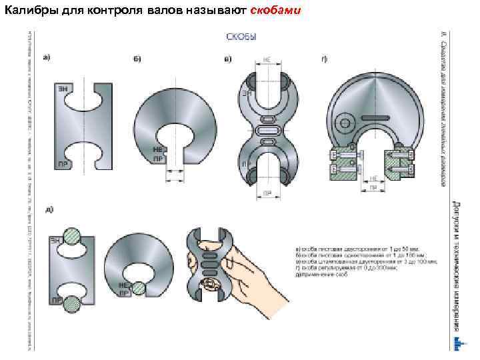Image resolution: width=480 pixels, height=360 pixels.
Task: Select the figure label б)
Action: tap(137, 59)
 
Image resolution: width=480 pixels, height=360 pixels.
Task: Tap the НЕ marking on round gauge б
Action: tap(158, 150)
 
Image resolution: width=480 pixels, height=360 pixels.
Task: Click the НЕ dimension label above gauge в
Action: tap(267, 59)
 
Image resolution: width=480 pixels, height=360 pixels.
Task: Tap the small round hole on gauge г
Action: tap(346, 123)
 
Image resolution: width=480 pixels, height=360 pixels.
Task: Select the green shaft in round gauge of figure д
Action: tap(139, 288)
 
